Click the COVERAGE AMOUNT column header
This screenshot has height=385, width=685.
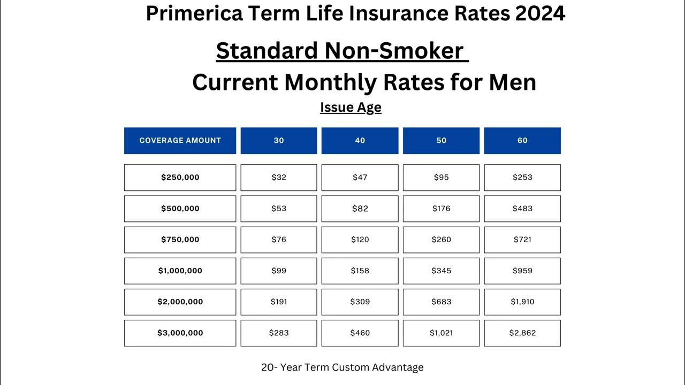180,141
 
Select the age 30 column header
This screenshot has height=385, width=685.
279,141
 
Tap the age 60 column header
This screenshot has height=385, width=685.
522,141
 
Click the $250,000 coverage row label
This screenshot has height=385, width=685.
180,178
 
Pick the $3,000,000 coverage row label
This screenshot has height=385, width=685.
180,333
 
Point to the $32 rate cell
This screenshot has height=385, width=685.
279,178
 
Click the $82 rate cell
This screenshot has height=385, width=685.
360,209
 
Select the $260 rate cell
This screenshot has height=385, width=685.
442,240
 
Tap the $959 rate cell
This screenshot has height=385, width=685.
522,271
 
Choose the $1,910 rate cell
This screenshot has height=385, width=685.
522,302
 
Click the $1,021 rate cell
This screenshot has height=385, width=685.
442,333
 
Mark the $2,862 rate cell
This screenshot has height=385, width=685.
522,333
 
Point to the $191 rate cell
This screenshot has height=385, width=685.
279,302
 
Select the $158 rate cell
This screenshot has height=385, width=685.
360,271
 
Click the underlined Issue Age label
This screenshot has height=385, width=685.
351,107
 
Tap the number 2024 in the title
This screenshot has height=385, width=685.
540,13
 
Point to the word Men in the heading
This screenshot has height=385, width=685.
512,82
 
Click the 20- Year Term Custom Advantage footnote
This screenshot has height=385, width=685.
342,367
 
